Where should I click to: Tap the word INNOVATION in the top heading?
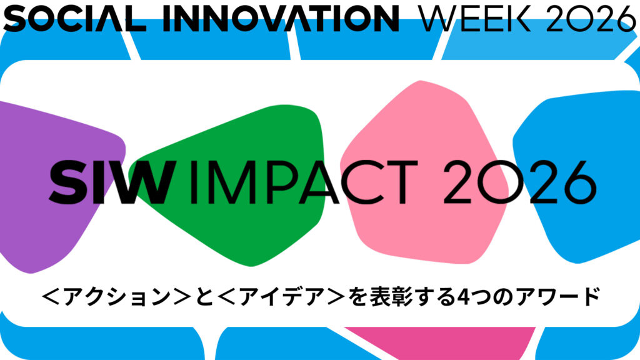coord(281,19)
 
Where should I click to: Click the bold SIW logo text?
coord(112,182)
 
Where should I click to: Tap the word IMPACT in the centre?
coord(304,182)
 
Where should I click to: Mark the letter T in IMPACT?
coord(402,182)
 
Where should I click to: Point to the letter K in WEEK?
coord(520,19)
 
